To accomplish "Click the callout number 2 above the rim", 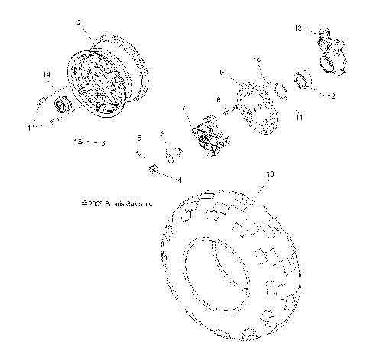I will pos(79,24).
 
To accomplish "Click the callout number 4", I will pos(180,180).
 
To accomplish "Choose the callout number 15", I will pos(258,58).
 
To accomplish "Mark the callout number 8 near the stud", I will pos(218,99).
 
